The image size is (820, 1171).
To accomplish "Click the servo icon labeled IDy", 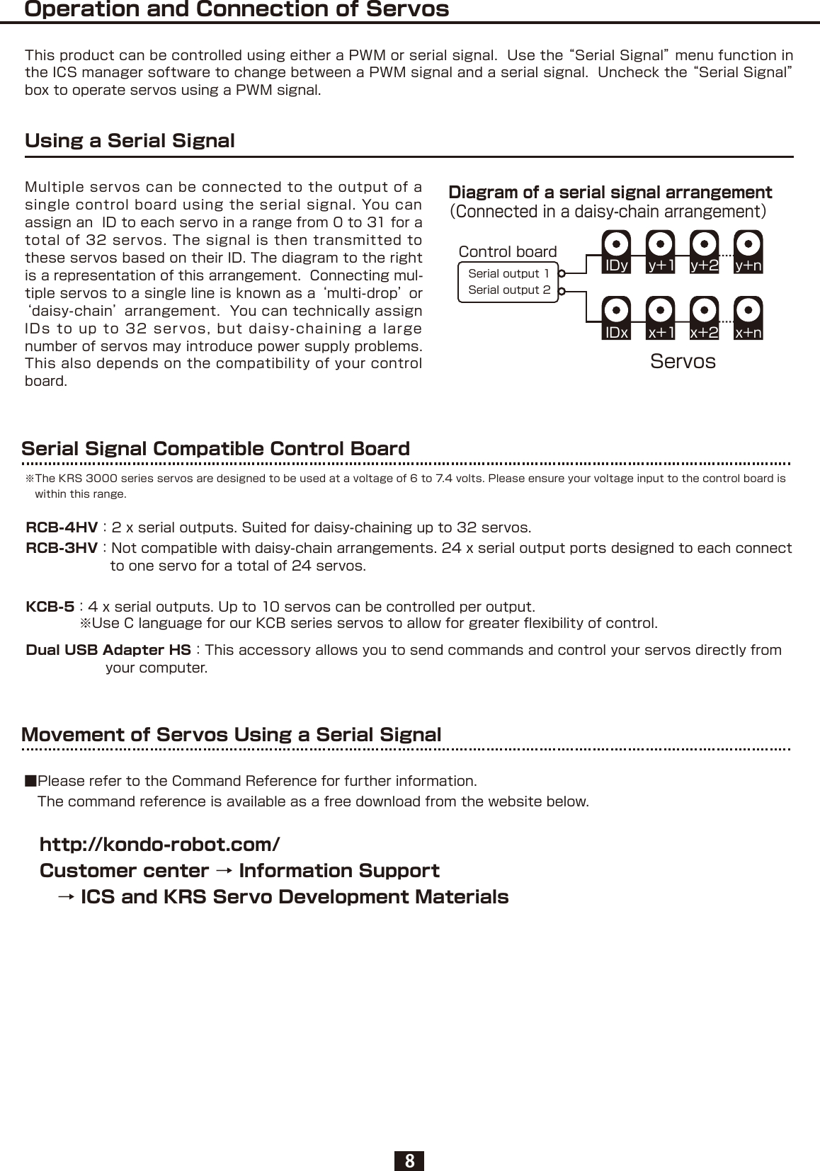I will [616, 251].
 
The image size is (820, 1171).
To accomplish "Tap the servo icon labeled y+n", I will [748, 251].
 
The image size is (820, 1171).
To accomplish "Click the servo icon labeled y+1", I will [660, 251].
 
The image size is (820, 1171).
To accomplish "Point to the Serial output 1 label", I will [508, 273].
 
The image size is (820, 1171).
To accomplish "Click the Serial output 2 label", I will [508, 290].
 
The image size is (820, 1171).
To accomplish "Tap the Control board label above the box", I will [508, 251].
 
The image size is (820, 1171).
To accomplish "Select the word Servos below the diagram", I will [683, 361].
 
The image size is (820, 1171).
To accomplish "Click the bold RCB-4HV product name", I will [62, 527].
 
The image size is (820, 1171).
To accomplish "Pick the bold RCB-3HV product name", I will [62, 548].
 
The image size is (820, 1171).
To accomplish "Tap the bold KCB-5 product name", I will [50, 607].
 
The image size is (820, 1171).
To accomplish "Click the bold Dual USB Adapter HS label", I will [108, 650].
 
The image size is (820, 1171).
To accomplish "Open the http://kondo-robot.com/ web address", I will [160, 845].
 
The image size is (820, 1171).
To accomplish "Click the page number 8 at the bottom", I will [409, 1160].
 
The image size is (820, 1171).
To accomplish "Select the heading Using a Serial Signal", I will [130, 140].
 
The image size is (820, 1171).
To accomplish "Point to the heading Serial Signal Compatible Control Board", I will [215, 448].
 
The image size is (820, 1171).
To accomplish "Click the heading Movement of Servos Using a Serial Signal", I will [231, 734].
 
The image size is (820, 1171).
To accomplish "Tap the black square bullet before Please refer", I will [30, 781].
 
